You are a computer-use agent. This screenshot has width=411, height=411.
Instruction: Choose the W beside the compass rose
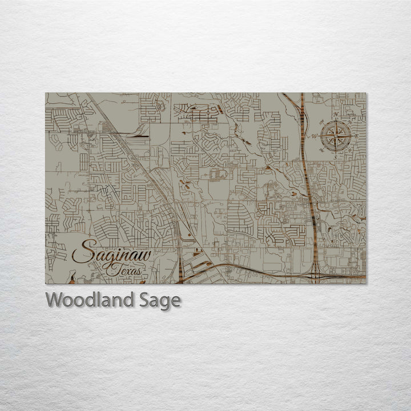tap(313, 136)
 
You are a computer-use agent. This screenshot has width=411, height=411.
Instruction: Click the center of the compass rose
tap(336, 136)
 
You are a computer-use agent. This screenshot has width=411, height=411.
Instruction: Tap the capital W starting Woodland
tap(54, 300)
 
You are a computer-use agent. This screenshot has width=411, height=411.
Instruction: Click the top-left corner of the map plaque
tap(46, 93)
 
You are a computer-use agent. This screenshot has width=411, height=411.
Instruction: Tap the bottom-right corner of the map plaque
tap(366, 283)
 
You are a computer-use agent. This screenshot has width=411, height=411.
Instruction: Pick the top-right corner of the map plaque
tap(366, 93)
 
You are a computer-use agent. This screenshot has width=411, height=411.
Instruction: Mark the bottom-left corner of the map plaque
tap(46, 283)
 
